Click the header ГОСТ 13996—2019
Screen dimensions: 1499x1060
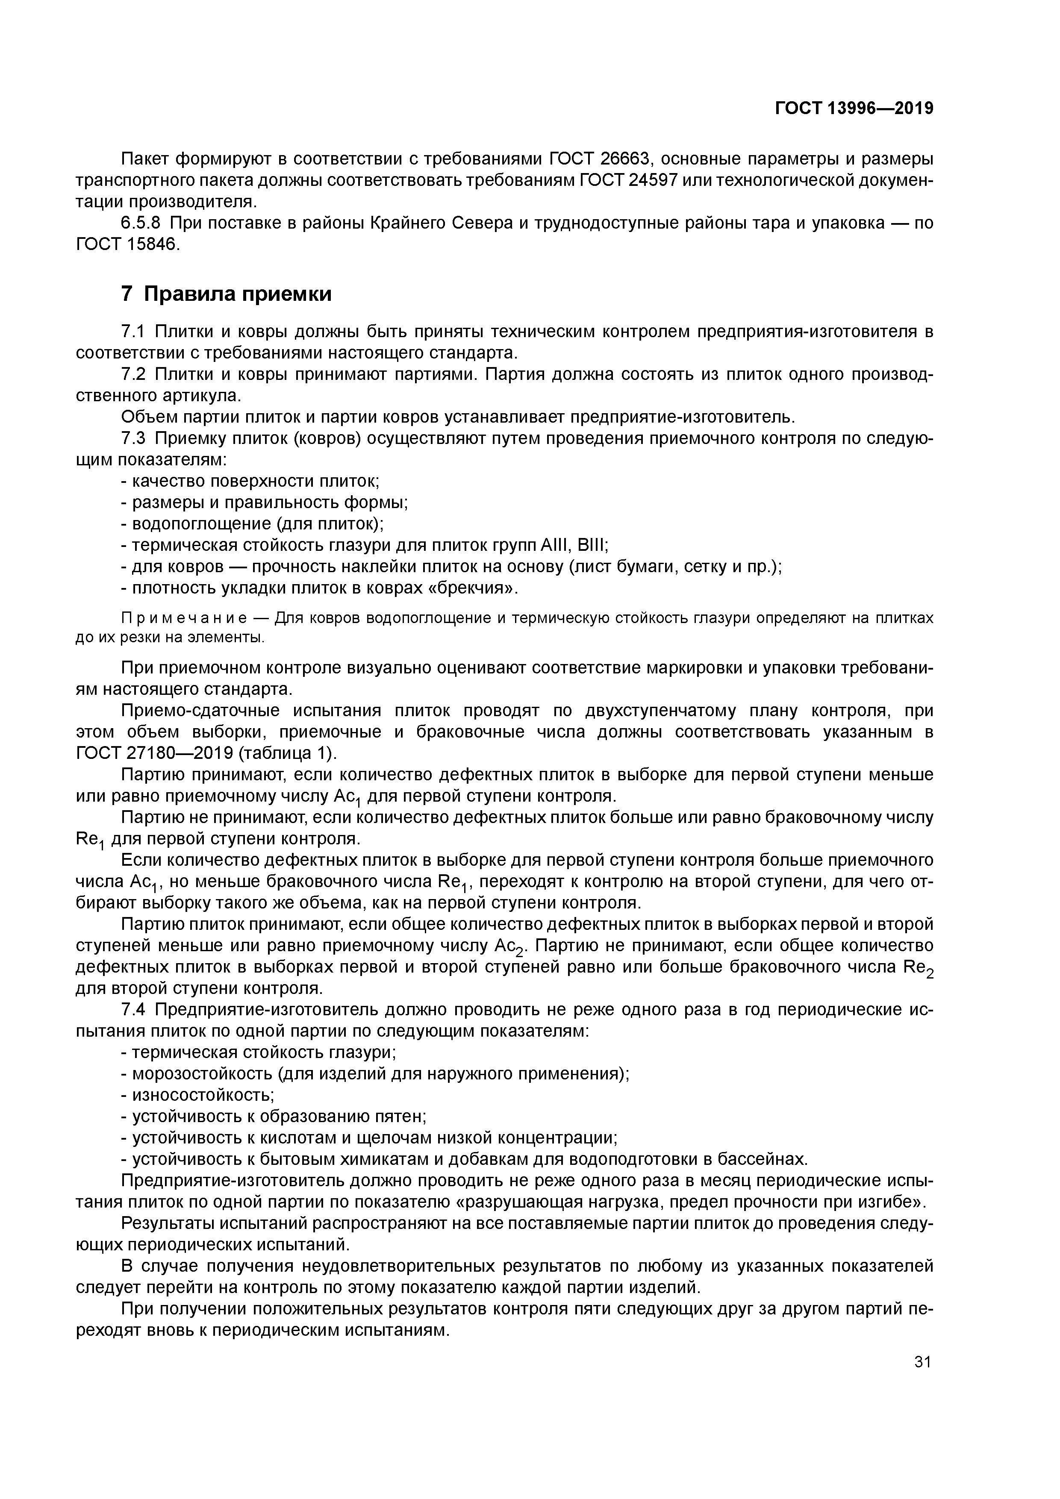(854, 109)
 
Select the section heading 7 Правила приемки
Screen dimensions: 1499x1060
(227, 294)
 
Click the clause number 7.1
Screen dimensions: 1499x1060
(133, 332)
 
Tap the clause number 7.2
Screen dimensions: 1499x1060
(133, 375)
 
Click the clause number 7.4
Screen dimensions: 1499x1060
(133, 1010)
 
